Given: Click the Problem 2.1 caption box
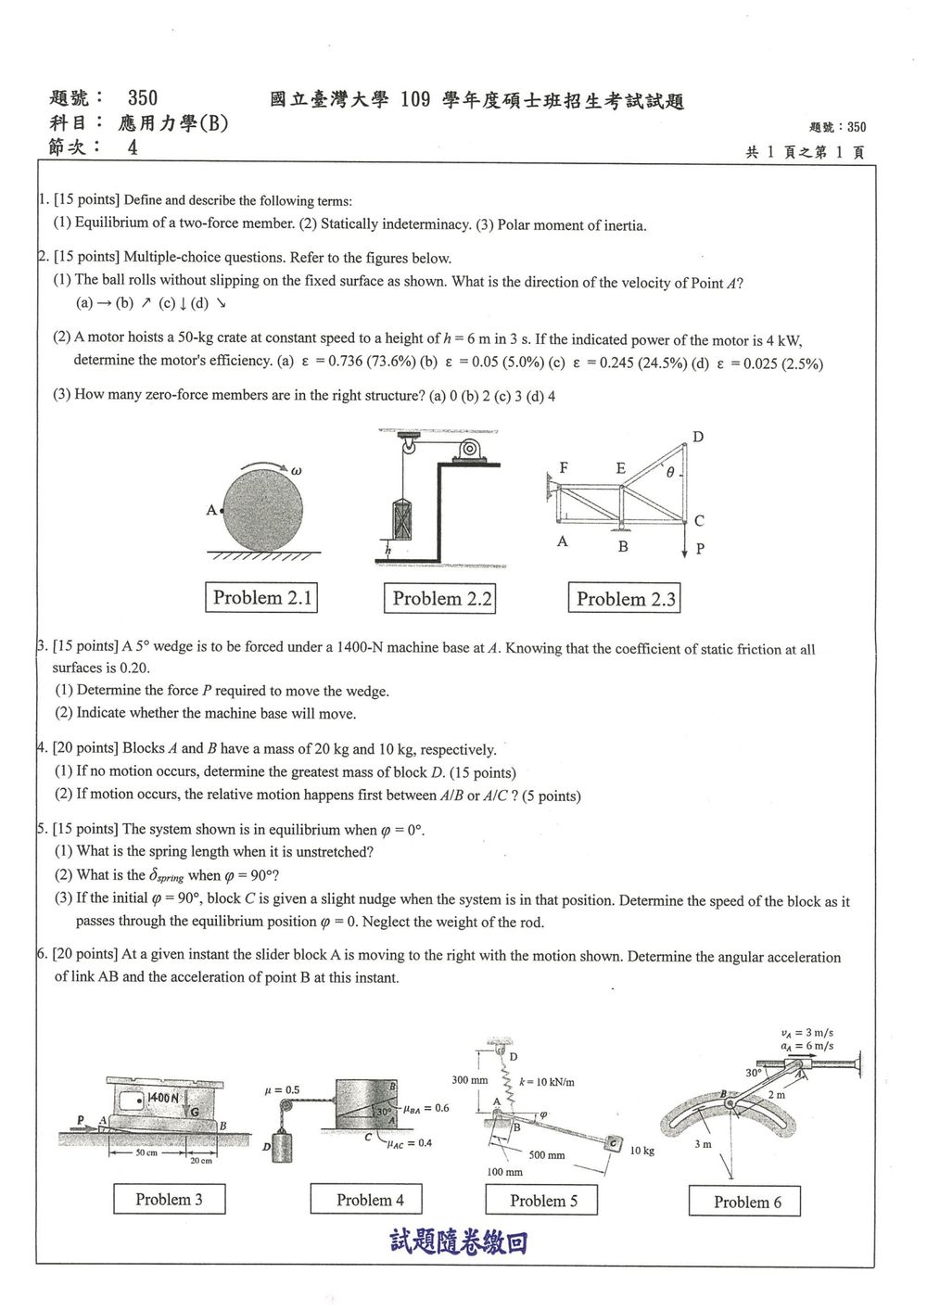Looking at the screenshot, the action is coord(261,597).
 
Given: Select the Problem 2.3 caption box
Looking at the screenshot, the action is coord(625,598).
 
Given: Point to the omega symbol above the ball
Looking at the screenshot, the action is coord(296,470).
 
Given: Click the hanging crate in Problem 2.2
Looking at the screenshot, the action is coord(402,520).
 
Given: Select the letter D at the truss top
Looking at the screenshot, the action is coord(698,437).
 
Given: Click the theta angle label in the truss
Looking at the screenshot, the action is coord(670,472).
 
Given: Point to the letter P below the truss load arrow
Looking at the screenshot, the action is coord(700,548).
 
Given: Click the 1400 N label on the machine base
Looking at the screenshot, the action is coord(163,1098).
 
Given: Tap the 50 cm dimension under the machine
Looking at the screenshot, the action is coord(146,1152).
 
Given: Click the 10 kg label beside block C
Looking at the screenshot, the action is coord(642,1150).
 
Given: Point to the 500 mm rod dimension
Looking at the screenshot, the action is coord(547,1154).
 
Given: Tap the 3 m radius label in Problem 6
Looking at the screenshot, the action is coord(703,1143).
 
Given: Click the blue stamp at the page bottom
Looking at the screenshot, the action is coord(459,1242).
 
